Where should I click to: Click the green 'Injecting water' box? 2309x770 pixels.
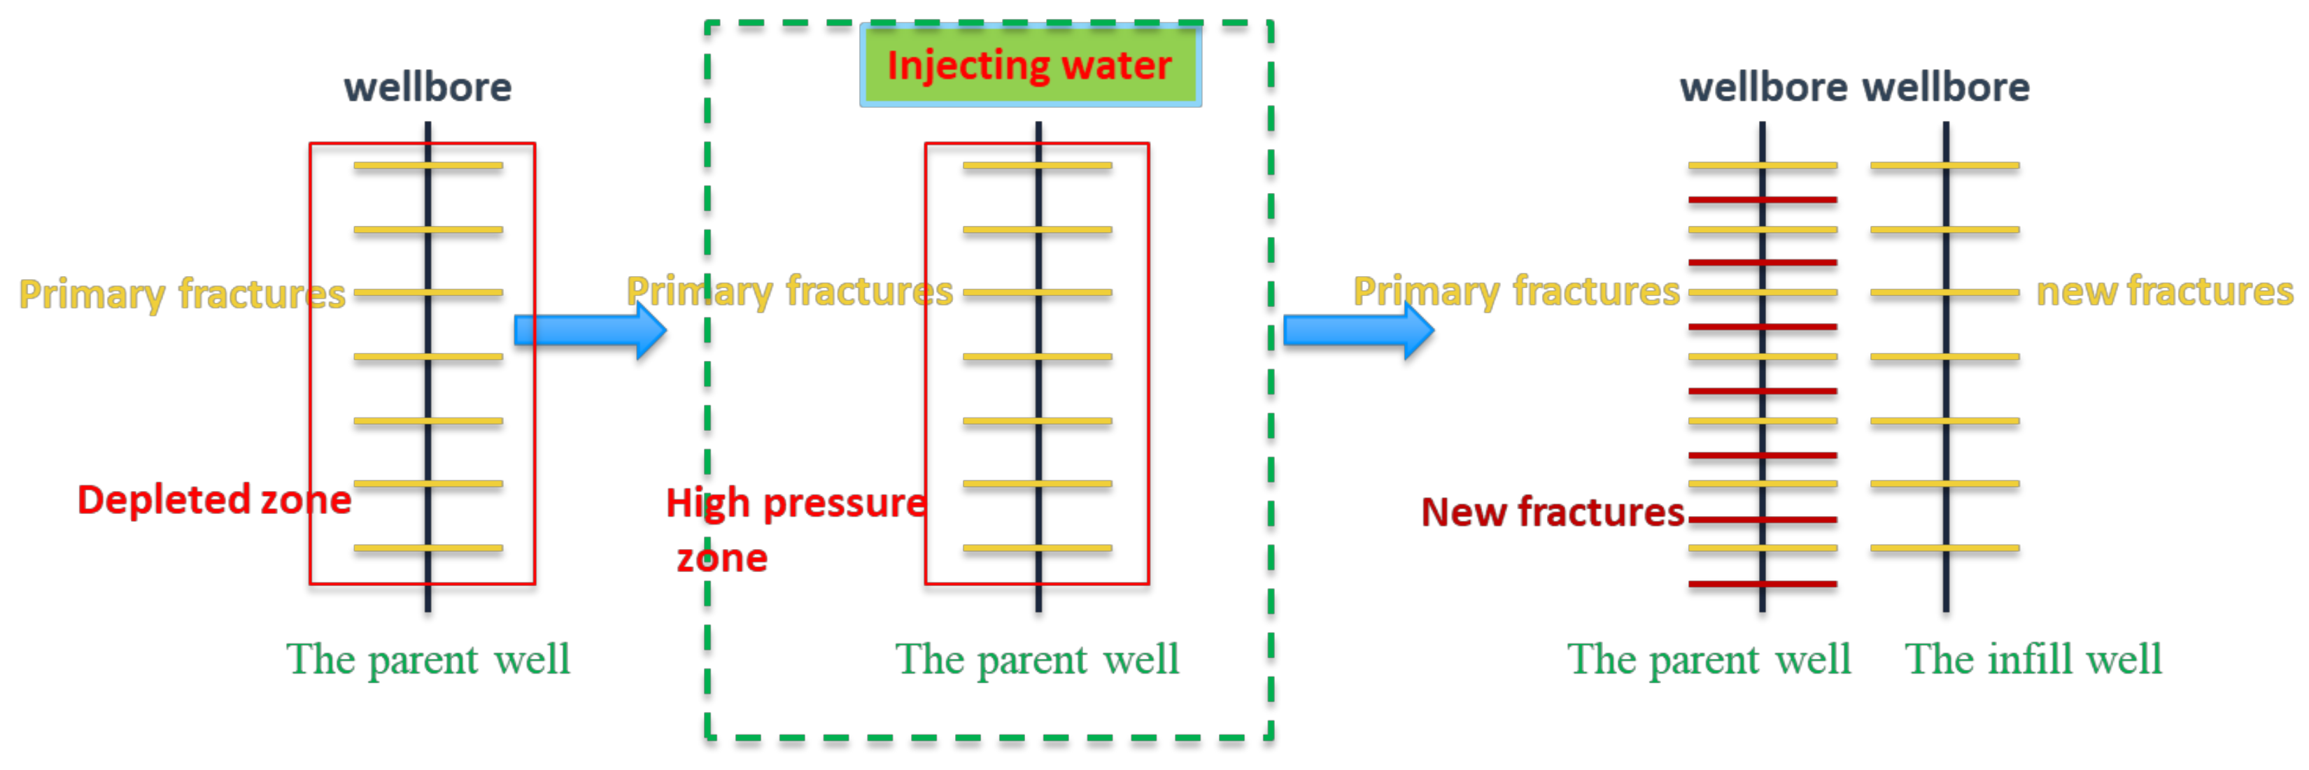click(1030, 66)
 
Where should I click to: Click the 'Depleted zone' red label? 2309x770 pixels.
click(213, 499)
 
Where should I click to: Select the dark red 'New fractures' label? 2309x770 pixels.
click(1553, 512)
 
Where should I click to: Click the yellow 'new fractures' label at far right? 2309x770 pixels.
click(2163, 292)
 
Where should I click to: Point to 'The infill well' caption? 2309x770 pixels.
click(2033, 660)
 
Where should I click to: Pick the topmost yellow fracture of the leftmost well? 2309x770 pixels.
click(466, 166)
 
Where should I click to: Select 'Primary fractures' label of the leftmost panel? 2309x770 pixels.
click(182, 294)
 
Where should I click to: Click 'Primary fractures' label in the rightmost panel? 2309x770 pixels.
click(1516, 292)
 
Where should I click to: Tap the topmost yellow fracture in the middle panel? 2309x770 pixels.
click(1075, 166)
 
